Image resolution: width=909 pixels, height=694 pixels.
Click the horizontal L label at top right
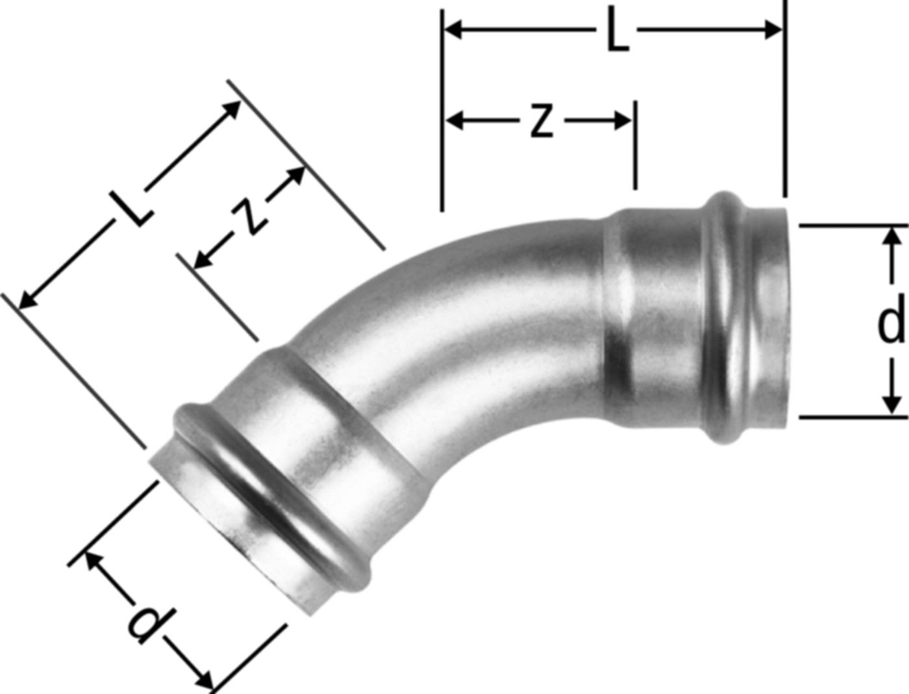(618, 31)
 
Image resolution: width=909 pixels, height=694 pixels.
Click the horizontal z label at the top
(542, 121)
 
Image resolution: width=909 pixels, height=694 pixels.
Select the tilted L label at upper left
(131, 208)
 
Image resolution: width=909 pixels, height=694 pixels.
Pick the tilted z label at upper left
(248, 217)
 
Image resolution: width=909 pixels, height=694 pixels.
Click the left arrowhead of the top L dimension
(453, 30)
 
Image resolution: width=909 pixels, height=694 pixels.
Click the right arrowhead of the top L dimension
(773, 30)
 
